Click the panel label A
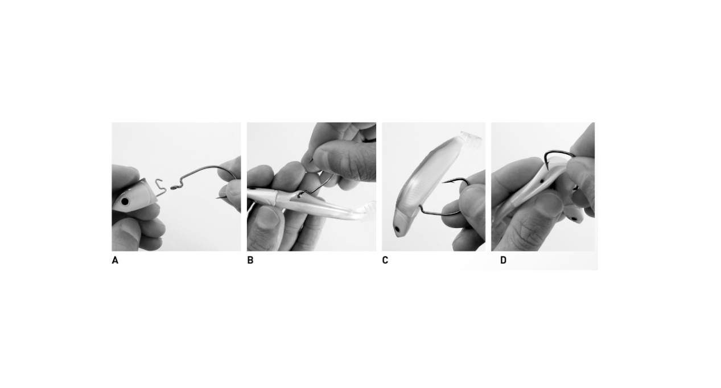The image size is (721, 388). click(x=115, y=261)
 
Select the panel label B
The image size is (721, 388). click(x=250, y=261)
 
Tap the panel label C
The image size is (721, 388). click(x=385, y=261)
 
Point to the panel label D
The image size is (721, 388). click(x=503, y=261)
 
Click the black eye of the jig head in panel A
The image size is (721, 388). click(x=125, y=201)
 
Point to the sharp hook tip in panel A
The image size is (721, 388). click(x=218, y=198)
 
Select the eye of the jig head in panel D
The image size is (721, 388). click(x=573, y=217)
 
